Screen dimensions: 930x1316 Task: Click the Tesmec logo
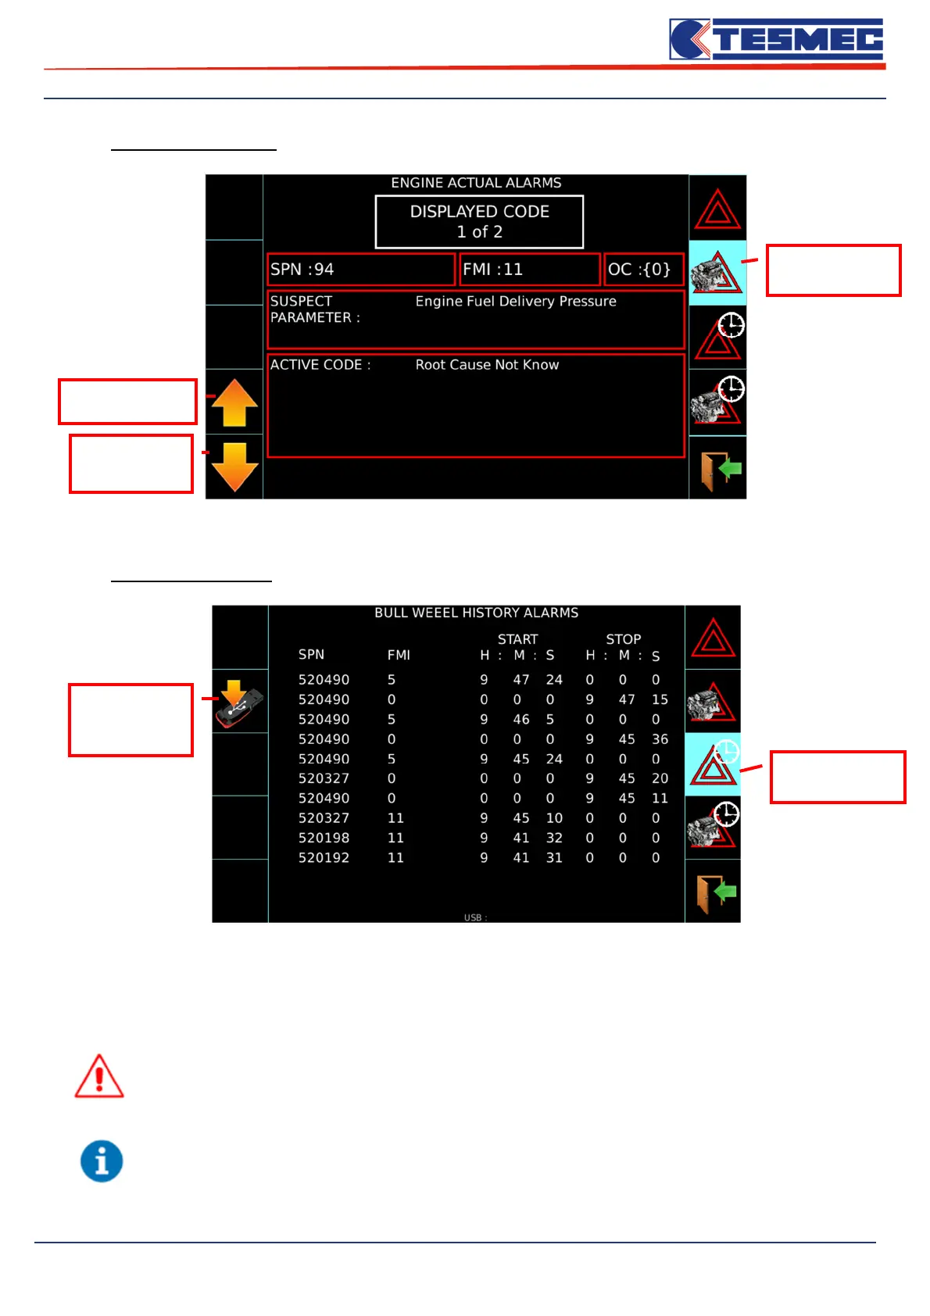[x=776, y=39]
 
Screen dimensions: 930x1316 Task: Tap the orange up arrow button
[x=234, y=402]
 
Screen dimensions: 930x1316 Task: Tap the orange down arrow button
[x=234, y=467]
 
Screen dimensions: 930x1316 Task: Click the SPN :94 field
[x=360, y=270]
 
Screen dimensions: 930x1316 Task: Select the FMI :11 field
[x=529, y=270]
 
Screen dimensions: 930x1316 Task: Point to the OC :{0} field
[x=644, y=270]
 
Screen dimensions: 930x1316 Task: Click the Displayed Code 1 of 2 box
[x=479, y=222]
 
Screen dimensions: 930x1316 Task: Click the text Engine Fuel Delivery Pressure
[x=516, y=302]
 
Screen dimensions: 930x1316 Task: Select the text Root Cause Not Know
[x=487, y=365]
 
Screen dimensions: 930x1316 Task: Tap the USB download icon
[x=239, y=703]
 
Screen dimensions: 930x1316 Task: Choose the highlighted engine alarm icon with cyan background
[x=717, y=273]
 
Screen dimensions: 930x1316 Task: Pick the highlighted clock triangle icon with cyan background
[x=713, y=765]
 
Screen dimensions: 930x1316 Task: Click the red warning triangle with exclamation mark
[x=99, y=1077]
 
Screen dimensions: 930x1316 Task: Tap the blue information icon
[x=102, y=1161]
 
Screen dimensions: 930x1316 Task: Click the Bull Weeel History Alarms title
[x=476, y=613]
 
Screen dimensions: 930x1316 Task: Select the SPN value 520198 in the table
[x=324, y=838]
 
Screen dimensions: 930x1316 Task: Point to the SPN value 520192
[x=324, y=858]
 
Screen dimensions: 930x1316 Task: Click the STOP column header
[x=623, y=639]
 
